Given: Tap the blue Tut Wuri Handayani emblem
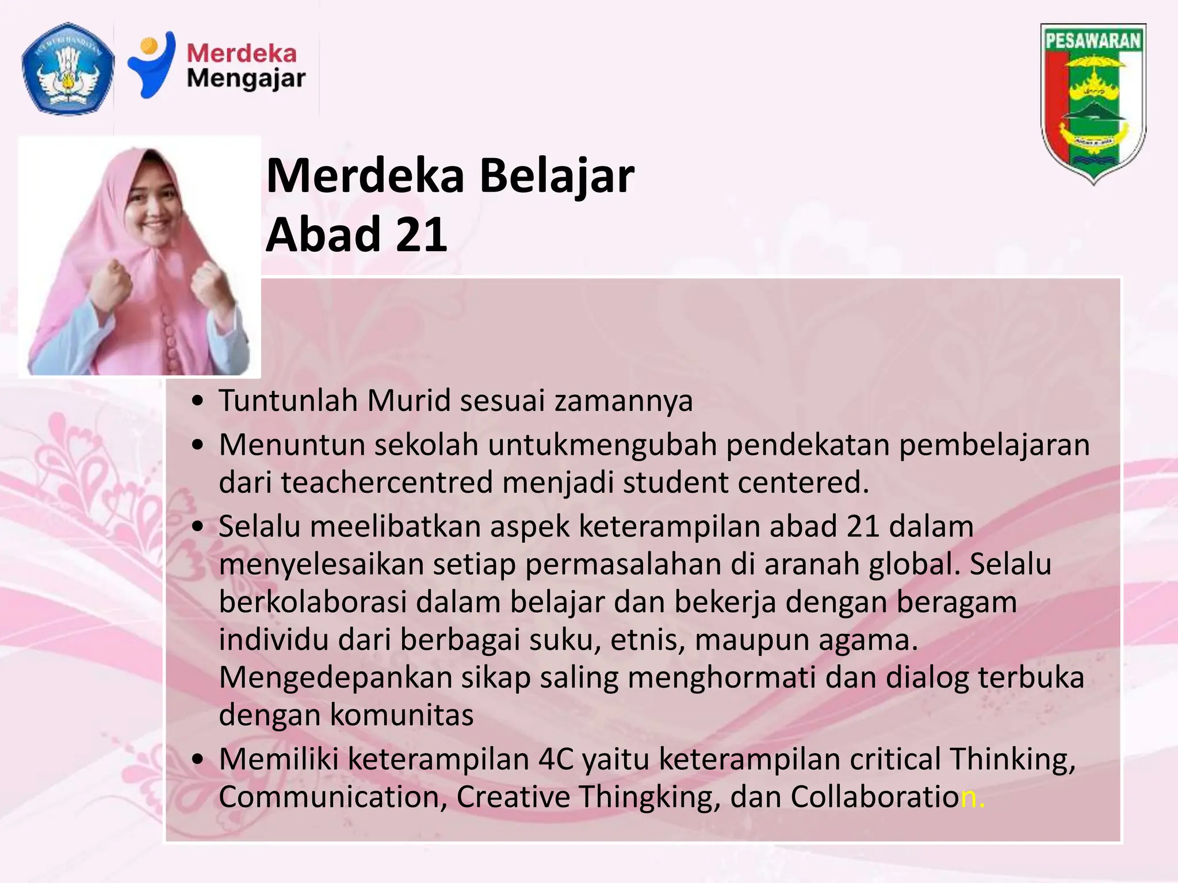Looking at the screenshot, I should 67,68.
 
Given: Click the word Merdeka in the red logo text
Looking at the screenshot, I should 242,53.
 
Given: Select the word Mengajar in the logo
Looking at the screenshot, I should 246,79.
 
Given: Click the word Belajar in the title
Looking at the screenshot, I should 556,175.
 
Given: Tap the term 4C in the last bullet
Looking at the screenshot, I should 556,759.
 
